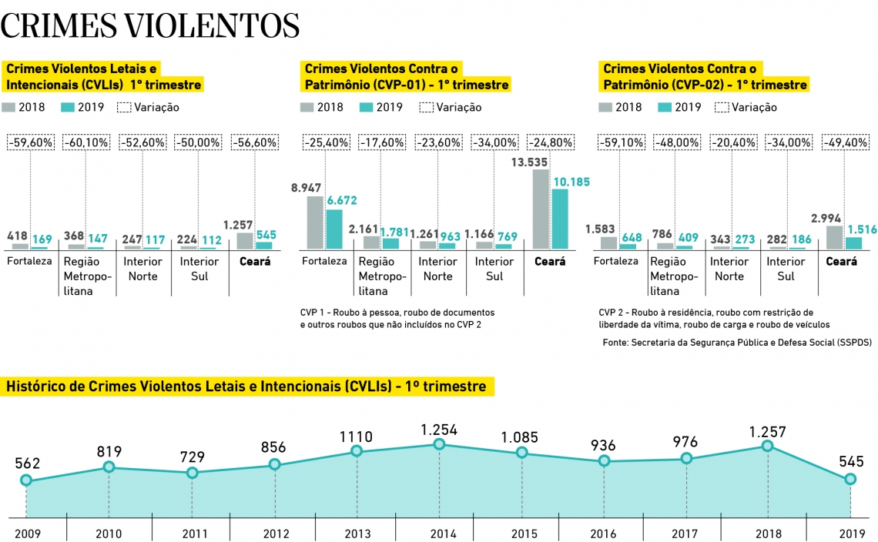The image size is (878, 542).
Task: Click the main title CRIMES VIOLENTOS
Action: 150,25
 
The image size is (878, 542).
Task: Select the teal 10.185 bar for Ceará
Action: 560,219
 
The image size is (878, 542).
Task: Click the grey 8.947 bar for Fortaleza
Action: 314,222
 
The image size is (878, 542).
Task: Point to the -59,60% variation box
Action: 30,142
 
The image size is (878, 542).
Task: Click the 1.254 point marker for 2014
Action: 439,444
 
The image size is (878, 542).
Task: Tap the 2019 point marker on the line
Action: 850,479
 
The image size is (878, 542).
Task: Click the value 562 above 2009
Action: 27,463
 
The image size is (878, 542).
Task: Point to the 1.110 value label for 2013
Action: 356,437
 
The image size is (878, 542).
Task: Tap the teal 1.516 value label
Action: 863,229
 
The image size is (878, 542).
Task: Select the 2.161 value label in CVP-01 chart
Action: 363,229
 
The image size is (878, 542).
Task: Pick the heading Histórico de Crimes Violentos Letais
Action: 246,386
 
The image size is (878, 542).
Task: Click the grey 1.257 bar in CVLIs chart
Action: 244,240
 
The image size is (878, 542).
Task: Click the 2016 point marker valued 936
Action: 604,461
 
